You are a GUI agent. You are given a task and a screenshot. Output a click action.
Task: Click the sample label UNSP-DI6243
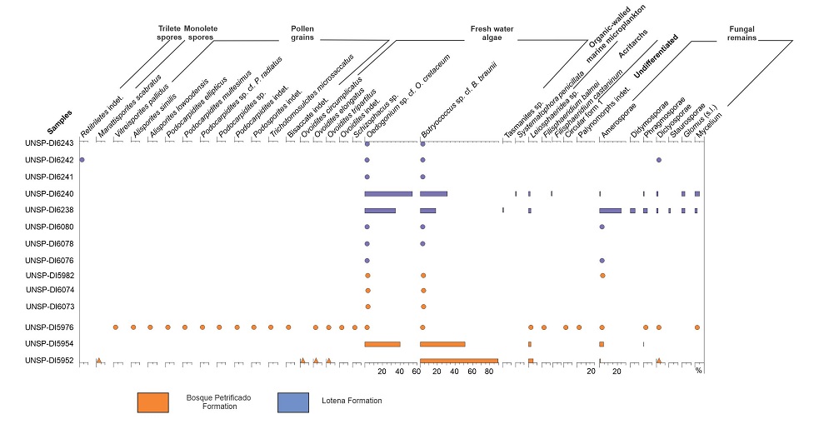(50, 143)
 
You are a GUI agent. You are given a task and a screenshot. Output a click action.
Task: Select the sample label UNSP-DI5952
(50, 361)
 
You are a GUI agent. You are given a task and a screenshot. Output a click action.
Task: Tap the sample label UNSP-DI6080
(50, 227)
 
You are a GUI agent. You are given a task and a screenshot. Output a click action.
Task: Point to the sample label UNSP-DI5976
(50, 327)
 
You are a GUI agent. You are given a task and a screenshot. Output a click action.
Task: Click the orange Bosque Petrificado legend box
(153, 402)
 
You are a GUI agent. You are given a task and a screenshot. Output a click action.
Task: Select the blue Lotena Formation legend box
(292, 402)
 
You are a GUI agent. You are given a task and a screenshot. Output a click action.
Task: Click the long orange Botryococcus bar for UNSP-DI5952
(458, 361)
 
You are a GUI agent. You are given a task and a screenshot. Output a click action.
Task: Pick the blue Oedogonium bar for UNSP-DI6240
(388, 193)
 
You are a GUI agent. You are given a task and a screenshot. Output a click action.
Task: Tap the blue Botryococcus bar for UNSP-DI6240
(433, 193)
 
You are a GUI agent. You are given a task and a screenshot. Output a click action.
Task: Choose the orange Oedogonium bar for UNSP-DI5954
(382, 344)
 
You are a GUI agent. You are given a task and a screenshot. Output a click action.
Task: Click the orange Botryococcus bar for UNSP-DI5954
(442, 344)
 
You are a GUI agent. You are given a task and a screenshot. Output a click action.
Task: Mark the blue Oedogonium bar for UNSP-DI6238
(380, 210)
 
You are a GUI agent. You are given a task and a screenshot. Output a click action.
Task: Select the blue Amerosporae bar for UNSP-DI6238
(610, 210)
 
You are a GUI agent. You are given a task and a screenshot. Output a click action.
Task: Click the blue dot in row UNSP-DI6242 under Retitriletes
(81, 159)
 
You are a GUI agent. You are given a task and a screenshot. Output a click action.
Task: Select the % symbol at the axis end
(699, 371)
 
